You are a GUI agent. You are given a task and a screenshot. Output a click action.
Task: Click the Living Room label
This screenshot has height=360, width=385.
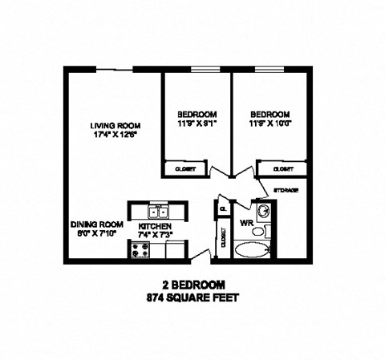click(115, 126)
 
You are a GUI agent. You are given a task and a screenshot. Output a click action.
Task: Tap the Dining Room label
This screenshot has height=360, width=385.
click(96, 224)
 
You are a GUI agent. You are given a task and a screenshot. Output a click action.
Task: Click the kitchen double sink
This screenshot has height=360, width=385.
click(157, 212)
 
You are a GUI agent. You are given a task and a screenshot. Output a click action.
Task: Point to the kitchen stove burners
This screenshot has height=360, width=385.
click(138, 250)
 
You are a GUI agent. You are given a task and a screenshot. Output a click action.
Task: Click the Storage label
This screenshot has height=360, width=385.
click(286, 189)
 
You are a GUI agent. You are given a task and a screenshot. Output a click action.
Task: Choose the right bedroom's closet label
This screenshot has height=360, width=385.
click(282, 169)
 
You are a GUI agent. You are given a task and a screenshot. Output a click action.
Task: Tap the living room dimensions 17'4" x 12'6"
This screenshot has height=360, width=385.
click(115, 136)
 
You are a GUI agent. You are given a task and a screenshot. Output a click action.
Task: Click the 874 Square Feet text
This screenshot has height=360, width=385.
click(192, 297)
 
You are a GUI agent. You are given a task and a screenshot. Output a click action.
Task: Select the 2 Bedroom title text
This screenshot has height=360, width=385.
click(192, 285)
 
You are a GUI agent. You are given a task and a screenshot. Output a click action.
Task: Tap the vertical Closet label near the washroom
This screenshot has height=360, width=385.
click(222, 238)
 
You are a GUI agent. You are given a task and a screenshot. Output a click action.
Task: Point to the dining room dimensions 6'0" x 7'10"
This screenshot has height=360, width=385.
click(96, 233)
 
